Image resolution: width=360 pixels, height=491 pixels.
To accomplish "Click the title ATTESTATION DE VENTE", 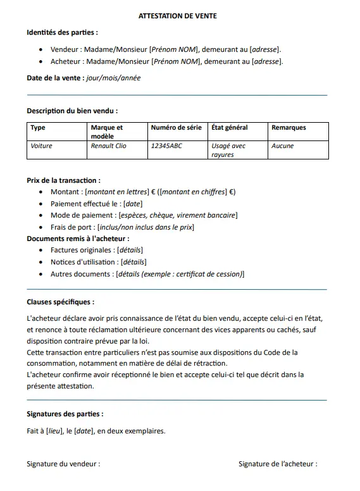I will pyautogui.click(x=177, y=16).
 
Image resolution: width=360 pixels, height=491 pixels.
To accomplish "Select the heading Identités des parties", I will pyautogui.click(x=62, y=32).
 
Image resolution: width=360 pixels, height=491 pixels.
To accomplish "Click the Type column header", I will pyautogui.click(x=38, y=127).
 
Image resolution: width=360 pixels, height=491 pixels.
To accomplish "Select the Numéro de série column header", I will pyautogui.click(x=176, y=127).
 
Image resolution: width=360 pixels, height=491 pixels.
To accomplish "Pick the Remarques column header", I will pyautogui.click(x=289, y=127).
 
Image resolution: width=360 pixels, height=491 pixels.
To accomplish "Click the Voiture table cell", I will pyautogui.click(x=42, y=146).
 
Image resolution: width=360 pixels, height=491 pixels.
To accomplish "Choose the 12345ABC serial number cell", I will pyautogui.click(x=166, y=146).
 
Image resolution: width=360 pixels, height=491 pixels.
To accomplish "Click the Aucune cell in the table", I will pyautogui.click(x=282, y=146).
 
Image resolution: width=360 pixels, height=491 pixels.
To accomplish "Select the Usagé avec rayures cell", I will pyautogui.click(x=228, y=150).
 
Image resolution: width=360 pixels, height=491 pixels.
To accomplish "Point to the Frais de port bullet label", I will pyautogui.click(x=71, y=227).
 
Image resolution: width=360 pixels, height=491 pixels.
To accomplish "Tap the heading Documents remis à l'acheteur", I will pyautogui.click(x=78, y=239).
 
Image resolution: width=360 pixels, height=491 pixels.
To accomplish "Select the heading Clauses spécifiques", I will pyautogui.click(x=61, y=302).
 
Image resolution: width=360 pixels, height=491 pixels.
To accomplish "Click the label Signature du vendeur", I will pyautogui.click(x=63, y=463).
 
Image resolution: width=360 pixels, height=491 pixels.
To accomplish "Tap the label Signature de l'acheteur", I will pyautogui.click(x=278, y=463).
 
